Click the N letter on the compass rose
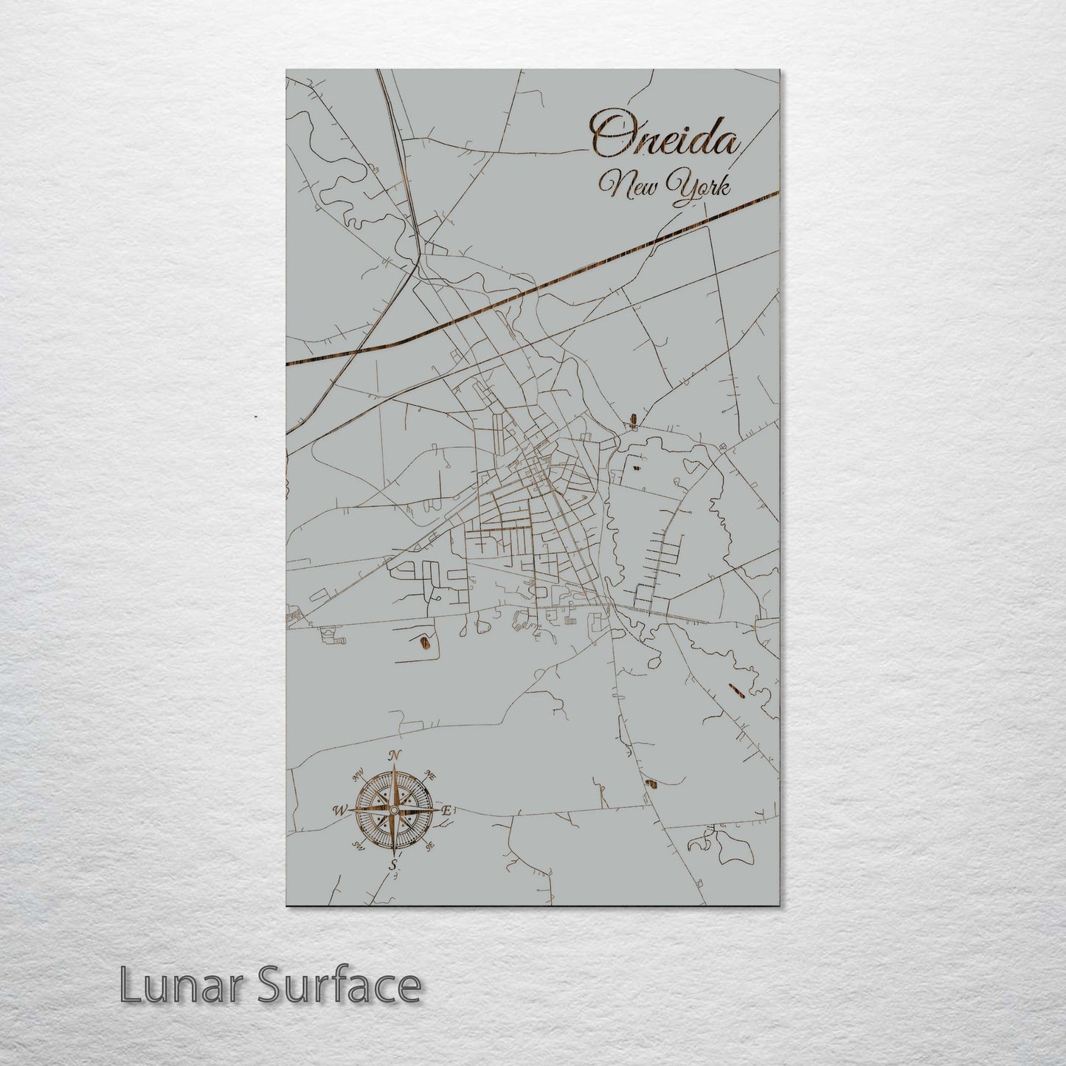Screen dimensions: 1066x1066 [x=395, y=755]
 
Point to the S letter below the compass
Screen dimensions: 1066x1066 [x=393, y=865]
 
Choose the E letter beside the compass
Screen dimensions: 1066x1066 [x=446, y=810]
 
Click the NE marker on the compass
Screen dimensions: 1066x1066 [x=432, y=776]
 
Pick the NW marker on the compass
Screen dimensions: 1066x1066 [x=359, y=775]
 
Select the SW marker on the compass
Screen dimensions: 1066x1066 [x=359, y=845]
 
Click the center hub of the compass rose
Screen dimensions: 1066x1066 [x=394, y=811]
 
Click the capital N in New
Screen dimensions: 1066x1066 [x=612, y=189]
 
